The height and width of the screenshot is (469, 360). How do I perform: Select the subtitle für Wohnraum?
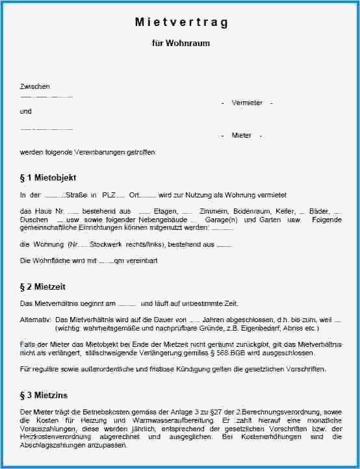[x=181, y=43]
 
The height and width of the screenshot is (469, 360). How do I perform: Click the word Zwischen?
[x=35, y=86]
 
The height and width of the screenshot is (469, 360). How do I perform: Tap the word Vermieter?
[x=247, y=103]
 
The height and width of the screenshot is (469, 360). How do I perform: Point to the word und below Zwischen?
[x=25, y=111]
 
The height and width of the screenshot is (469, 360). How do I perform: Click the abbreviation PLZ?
[x=109, y=195]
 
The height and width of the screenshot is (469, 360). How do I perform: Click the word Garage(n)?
[x=222, y=220]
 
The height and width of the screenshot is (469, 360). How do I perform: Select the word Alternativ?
[x=36, y=320]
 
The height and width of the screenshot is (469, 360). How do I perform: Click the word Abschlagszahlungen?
[x=53, y=446]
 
